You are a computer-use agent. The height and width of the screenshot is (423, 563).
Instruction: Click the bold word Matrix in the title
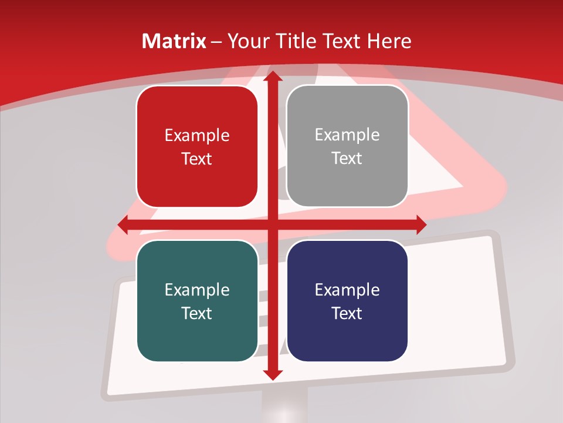coord(174,41)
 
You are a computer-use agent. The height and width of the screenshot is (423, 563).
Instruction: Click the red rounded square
coord(197,146)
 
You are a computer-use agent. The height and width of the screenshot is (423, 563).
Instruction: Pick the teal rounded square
coord(197,301)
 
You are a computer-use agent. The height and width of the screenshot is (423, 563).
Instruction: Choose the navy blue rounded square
coord(347,301)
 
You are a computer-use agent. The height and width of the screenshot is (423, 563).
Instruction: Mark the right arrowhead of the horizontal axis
coord(420,224)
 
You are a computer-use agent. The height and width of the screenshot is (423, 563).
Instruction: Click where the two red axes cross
coord(272,224)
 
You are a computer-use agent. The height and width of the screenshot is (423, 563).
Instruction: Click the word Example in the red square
coord(197,136)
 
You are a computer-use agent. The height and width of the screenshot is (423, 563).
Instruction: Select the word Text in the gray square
coord(347,158)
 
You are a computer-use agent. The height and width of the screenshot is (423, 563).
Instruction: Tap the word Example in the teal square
coord(197,290)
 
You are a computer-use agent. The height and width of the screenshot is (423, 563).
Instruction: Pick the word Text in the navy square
coord(347,313)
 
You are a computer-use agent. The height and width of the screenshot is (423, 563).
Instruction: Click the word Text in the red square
coord(197,159)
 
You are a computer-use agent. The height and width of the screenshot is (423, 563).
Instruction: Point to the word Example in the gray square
coord(347,135)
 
